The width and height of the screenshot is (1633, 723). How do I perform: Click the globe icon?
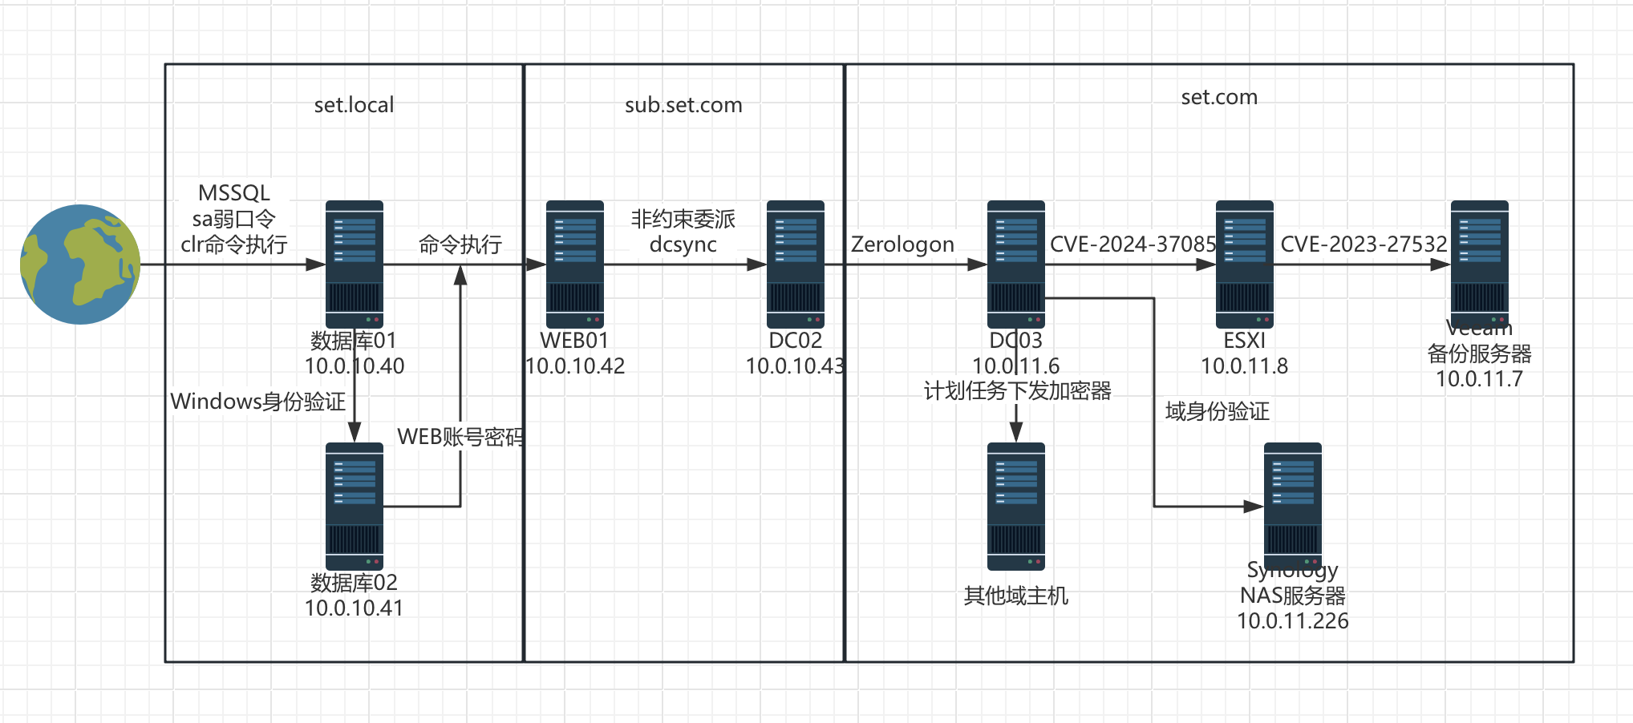coord(80,265)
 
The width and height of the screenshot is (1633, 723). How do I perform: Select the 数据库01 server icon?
coord(355,264)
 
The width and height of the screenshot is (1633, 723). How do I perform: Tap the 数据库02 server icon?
coord(355,506)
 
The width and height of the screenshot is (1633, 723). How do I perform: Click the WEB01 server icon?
coord(575,264)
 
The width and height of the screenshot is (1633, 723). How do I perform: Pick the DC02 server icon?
coord(796,264)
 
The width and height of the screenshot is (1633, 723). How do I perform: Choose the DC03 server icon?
coord(1016,264)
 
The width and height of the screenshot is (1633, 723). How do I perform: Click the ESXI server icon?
coord(1245,264)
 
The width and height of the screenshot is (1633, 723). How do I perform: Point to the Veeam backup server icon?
coord(1480,264)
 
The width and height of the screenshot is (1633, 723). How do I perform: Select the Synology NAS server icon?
coord(1293,506)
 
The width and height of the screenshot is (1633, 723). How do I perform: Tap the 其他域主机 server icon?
coord(1016,506)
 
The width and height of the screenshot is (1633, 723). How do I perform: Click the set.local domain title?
coord(354,105)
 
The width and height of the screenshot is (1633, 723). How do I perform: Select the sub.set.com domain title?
coord(683,105)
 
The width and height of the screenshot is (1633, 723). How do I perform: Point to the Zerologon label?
coord(902,244)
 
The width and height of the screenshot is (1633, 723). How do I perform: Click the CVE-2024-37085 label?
coord(1133,244)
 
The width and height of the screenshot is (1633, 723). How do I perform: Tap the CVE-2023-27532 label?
coord(1364,244)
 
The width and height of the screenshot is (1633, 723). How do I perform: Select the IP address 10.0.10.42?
coord(575,366)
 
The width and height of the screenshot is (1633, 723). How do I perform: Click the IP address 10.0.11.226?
coord(1293,621)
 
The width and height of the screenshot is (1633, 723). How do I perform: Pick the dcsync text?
coord(683,244)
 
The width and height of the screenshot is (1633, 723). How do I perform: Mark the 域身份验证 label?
coord(1218,412)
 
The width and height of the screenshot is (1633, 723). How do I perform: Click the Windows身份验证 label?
coord(258,402)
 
